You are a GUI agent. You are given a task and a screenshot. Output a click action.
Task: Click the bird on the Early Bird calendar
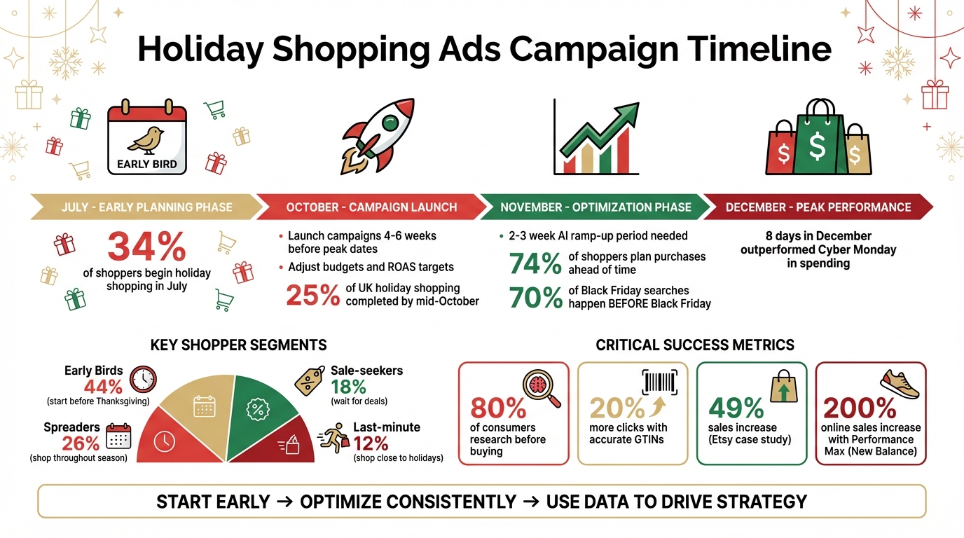pos(146,140)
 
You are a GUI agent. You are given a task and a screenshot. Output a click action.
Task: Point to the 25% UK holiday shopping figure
pos(312,295)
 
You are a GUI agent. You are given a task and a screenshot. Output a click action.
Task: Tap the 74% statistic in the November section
pos(535,264)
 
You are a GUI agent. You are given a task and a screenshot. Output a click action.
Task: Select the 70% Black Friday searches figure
pos(535,297)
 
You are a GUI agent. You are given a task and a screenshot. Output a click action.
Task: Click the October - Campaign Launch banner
pos(371,207)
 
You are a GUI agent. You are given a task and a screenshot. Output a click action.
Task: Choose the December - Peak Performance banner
pos(818,207)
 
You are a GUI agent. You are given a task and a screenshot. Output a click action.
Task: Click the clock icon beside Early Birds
pos(144,378)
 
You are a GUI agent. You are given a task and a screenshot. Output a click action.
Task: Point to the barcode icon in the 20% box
pos(659,382)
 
